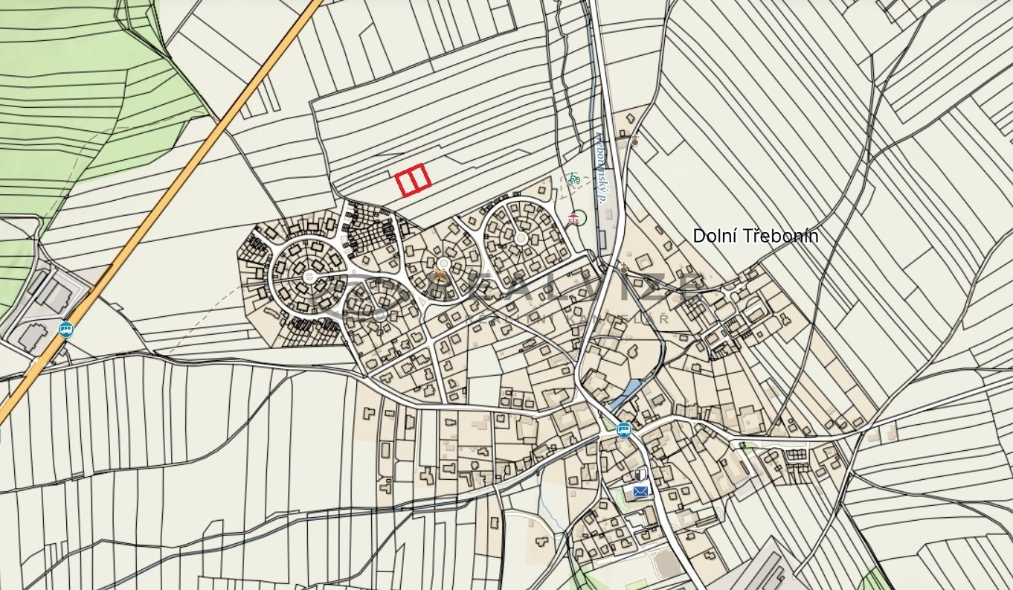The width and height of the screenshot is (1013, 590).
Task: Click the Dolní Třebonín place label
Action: click(756, 236)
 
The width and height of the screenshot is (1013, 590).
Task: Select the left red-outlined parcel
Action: click(406, 182)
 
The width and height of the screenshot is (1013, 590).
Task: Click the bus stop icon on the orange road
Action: click(67, 329)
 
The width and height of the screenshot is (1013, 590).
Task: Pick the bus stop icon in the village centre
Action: click(623, 429)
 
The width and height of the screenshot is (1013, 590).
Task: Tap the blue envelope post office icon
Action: click(640, 491)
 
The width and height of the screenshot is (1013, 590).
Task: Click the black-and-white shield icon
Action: click(640, 474)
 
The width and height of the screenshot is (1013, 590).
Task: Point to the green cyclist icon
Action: click(573, 178)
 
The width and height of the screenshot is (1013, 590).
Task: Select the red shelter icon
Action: click(573, 218)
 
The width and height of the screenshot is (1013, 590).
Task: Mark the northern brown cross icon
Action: click(634, 138)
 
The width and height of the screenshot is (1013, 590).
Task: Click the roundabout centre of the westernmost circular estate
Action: click(309, 278)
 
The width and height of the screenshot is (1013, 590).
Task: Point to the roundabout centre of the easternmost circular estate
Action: click(521, 237)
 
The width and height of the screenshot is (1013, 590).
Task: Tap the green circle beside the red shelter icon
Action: click(580, 219)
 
